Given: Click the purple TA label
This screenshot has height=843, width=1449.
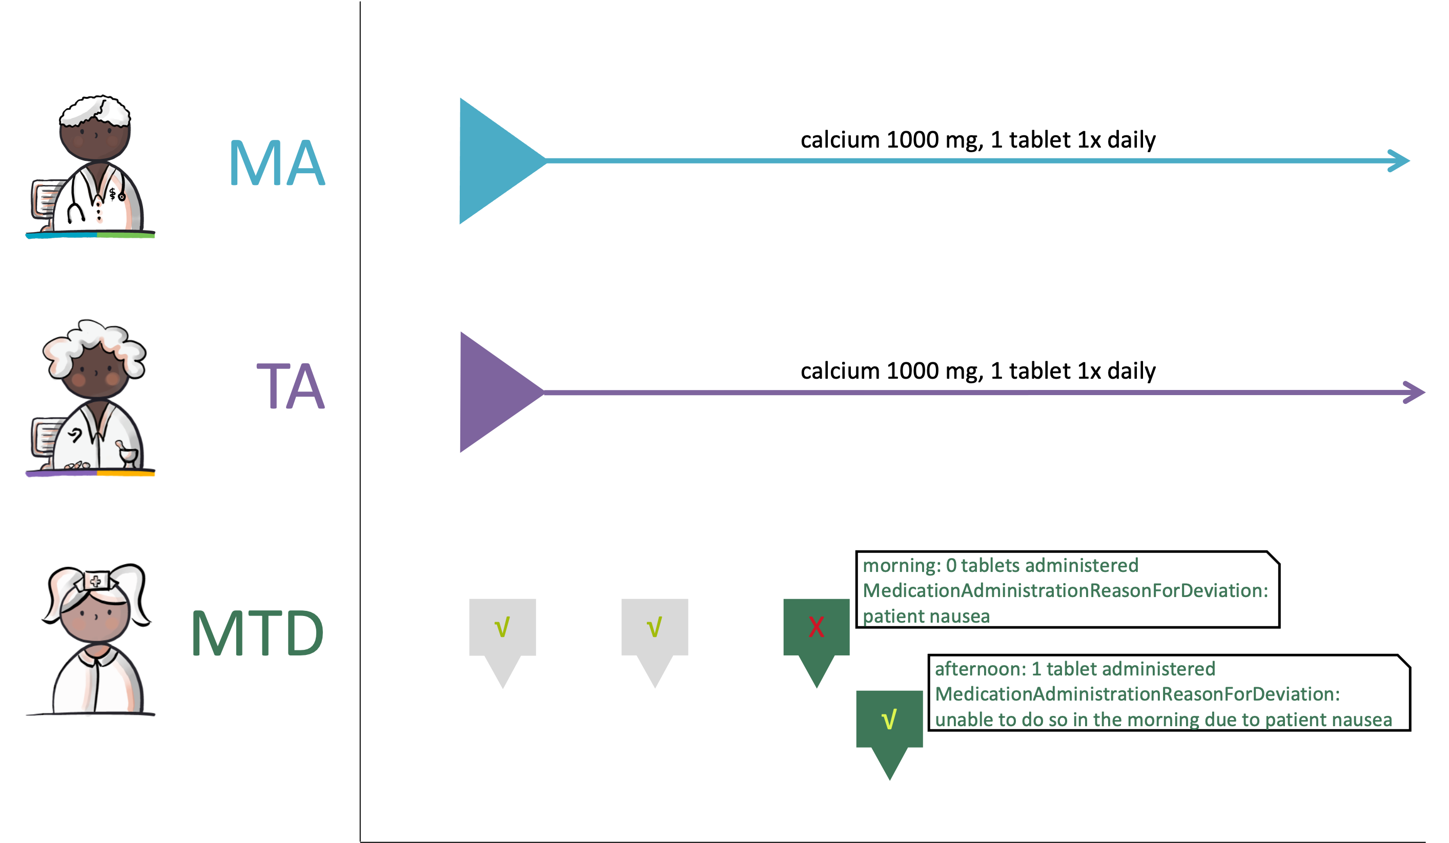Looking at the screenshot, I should click(x=291, y=386).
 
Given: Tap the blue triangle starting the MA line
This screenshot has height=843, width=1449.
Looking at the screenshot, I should click(x=495, y=160).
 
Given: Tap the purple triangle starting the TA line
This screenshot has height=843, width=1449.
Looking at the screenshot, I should click(x=495, y=392).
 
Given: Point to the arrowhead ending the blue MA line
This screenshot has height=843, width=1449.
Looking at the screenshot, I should click(x=1400, y=160).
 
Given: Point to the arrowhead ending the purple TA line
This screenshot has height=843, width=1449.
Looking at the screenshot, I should click(x=1415, y=392).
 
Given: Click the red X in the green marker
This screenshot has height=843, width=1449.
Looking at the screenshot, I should click(x=816, y=627).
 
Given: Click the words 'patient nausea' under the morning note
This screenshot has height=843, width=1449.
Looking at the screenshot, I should click(x=926, y=616).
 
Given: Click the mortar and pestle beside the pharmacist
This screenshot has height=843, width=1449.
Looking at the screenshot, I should click(x=128, y=454).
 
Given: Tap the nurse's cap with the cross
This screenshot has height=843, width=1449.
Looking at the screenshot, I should click(x=96, y=581).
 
